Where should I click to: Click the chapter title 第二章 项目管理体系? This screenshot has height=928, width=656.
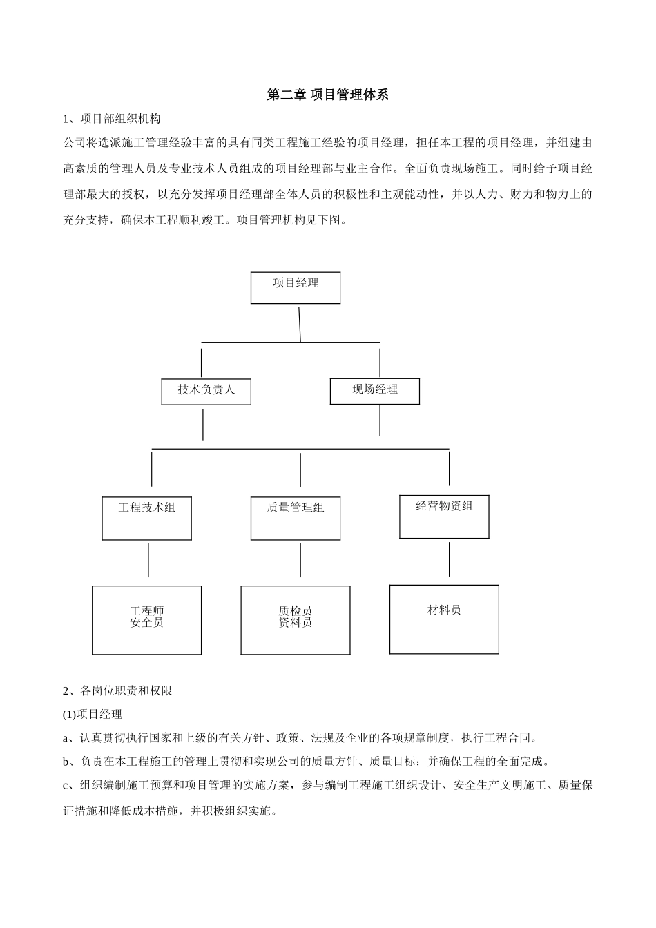(327, 95)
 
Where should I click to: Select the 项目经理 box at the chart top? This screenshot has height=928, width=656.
(295, 287)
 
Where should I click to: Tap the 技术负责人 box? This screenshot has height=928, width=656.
(206, 391)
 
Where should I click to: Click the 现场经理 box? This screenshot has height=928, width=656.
(374, 390)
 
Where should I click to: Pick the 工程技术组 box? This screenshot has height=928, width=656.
(146, 517)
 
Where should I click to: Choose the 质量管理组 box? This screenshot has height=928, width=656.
(295, 517)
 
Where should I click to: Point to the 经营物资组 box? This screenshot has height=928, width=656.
(444, 516)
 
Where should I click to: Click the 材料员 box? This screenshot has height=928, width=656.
(444, 619)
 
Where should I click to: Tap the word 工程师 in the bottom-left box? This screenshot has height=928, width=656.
(146, 611)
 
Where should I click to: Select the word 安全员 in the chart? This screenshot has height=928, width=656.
(146, 623)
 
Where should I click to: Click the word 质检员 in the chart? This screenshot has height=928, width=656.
(295, 611)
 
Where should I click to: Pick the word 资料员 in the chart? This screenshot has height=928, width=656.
(295, 623)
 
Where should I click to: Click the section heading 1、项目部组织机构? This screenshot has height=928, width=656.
(112, 119)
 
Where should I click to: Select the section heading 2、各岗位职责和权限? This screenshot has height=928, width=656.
(118, 690)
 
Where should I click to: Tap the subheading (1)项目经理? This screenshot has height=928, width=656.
(93, 714)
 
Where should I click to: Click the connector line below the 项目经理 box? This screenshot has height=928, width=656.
(300, 323)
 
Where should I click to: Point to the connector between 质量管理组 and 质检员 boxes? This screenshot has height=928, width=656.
(300, 559)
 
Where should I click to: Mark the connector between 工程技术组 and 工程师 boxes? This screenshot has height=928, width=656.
(148, 559)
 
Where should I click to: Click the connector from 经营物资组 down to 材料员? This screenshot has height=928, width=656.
(450, 559)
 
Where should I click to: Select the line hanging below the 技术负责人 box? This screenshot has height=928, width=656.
(203, 424)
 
